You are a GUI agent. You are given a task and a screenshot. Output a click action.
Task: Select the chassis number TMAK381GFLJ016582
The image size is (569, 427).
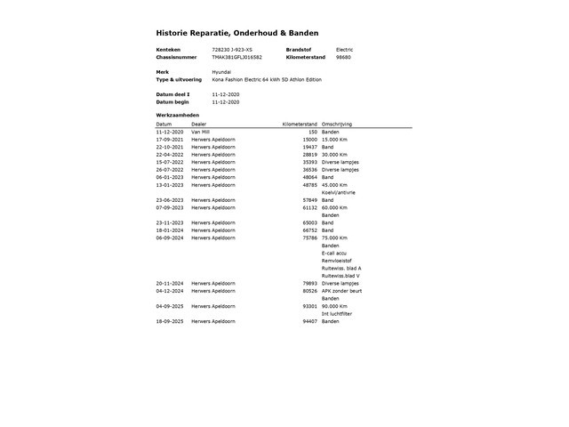(237, 57)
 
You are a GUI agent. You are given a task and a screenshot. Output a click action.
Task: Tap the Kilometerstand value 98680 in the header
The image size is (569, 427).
(343, 57)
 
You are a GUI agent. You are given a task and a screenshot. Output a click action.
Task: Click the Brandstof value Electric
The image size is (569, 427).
(344, 49)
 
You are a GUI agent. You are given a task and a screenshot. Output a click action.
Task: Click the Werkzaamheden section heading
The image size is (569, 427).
(176, 116)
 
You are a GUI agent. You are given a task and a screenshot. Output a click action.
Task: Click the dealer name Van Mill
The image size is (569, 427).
(201, 132)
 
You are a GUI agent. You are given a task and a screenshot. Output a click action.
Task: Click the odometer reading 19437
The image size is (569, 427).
(309, 147)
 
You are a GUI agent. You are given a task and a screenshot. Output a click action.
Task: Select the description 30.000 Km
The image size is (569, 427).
(336, 155)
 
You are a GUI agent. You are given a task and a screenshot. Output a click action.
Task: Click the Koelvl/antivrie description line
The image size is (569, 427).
(339, 192)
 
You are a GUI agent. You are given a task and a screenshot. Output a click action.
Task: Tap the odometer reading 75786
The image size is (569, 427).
(309, 238)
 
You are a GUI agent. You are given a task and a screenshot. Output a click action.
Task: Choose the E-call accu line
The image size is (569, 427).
(336, 253)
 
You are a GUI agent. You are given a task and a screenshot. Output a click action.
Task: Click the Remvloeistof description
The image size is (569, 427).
(338, 261)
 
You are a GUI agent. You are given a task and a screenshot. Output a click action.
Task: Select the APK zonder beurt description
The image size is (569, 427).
(342, 291)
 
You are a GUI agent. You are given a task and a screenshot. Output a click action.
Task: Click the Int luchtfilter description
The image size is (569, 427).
(338, 313)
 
